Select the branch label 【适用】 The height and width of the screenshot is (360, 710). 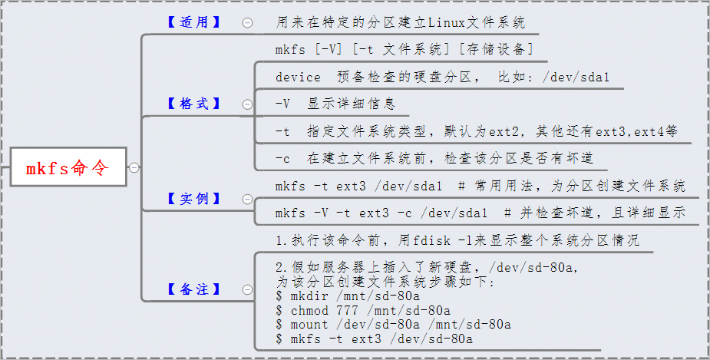pyautogui.click(x=193, y=22)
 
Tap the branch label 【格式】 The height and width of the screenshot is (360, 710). pyautogui.click(x=193, y=104)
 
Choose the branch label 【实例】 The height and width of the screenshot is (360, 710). pyautogui.click(x=193, y=199)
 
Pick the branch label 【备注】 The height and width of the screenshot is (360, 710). pyautogui.click(x=193, y=289)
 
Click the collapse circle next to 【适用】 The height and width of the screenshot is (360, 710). pyautogui.click(x=247, y=23)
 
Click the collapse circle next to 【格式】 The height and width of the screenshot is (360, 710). pyautogui.click(x=247, y=104)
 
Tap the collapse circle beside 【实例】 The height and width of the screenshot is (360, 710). pyautogui.click(x=247, y=200)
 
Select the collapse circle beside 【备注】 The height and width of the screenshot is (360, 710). pyautogui.click(x=247, y=290)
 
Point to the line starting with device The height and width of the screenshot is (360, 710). pyautogui.click(x=442, y=78)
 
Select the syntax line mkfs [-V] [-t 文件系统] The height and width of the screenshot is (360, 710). pyautogui.click(x=404, y=50)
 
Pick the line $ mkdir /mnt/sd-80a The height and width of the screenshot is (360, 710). pyautogui.click(x=347, y=296)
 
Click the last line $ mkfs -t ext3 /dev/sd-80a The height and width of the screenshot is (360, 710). pyautogui.click(x=374, y=338)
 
